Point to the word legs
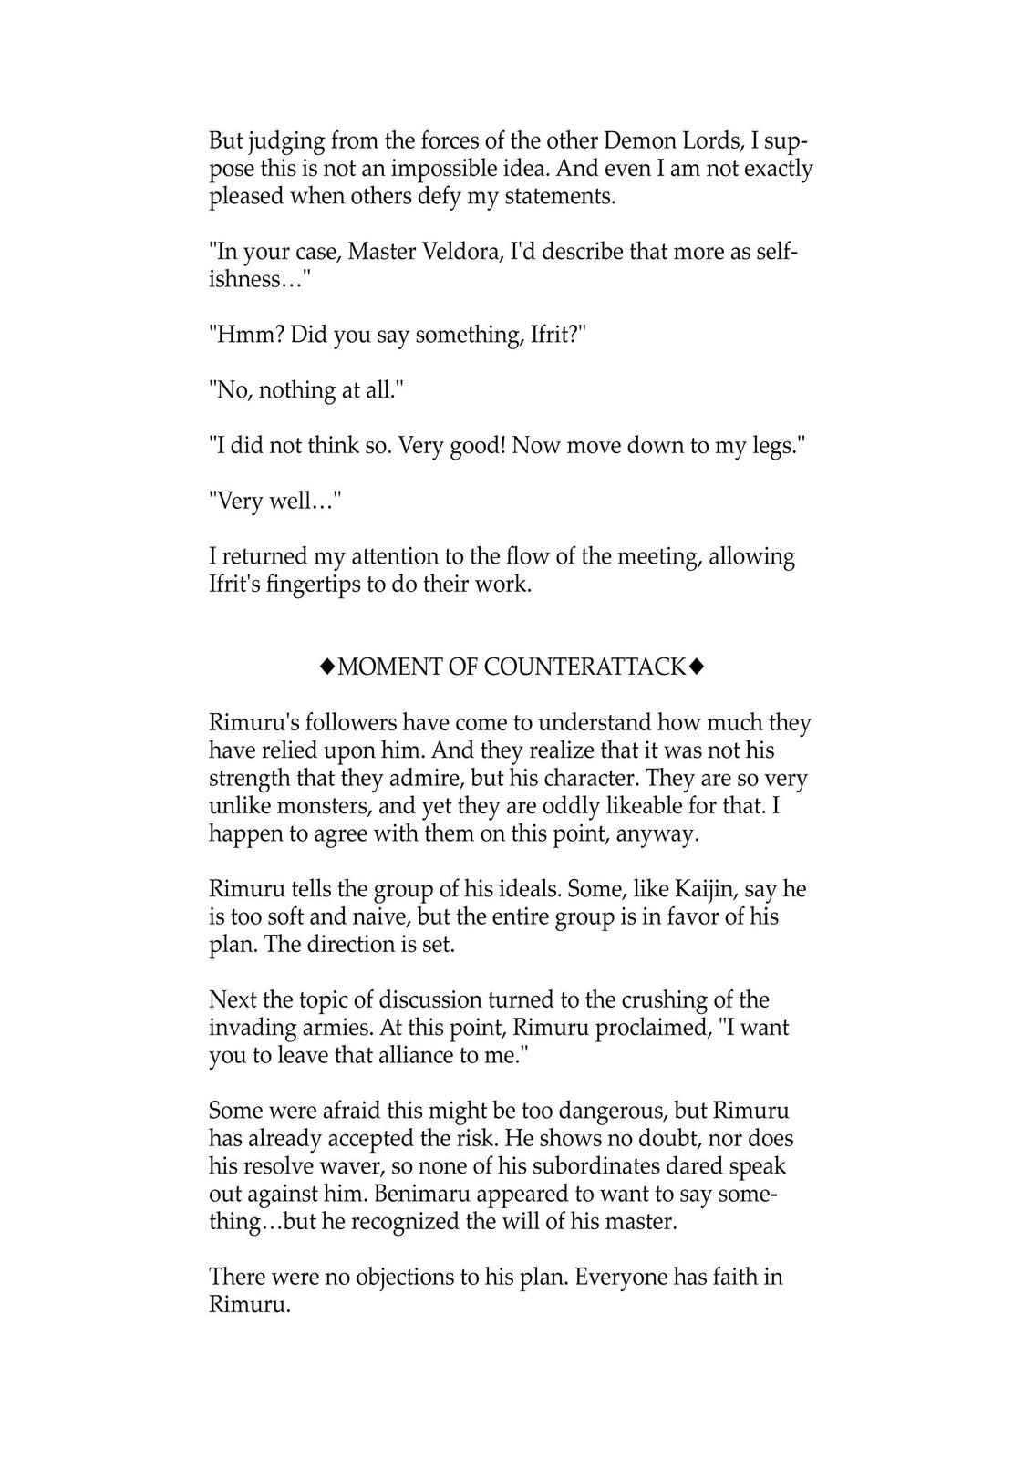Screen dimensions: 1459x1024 pyautogui.click(x=772, y=446)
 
